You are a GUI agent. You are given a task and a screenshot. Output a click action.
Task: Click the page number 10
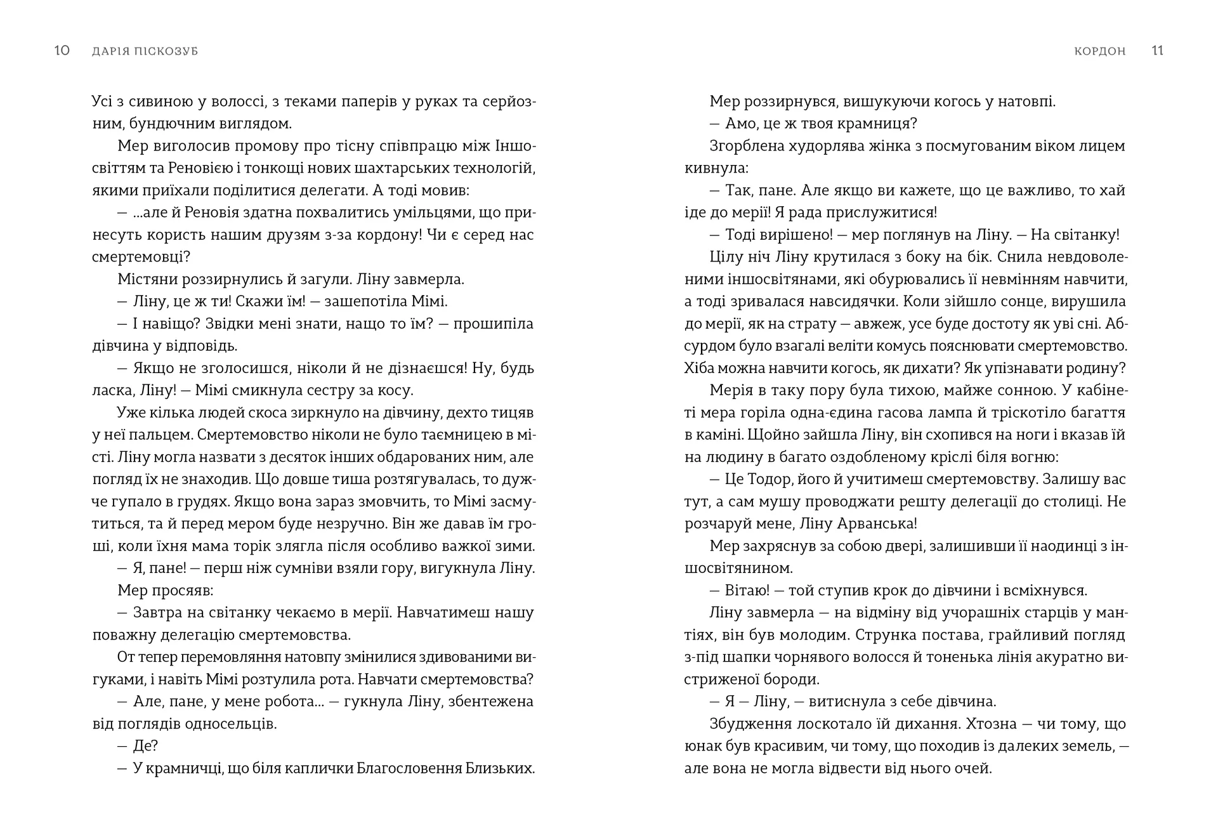[x=62, y=51]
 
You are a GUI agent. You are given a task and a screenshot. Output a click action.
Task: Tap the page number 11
[x=1157, y=51]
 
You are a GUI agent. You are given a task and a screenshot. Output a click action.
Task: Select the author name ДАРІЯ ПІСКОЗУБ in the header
[x=145, y=51]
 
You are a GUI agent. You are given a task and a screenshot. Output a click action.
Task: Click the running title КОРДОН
[x=1100, y=51]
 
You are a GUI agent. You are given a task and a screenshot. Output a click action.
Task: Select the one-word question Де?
[x=145, y=745]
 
